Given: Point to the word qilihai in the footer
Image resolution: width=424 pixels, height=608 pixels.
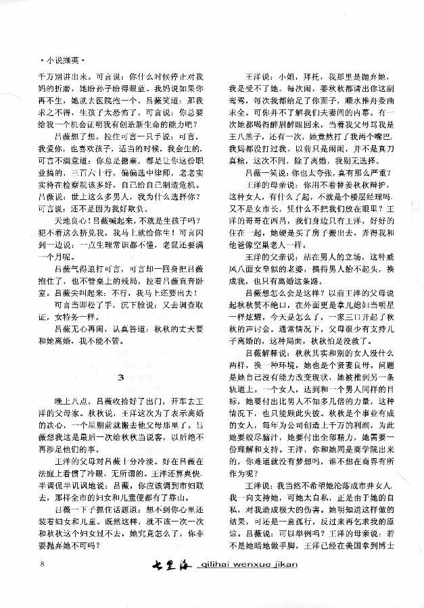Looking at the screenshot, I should point(221,583).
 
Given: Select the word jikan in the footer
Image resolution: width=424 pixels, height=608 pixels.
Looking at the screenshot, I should point(305,583).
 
